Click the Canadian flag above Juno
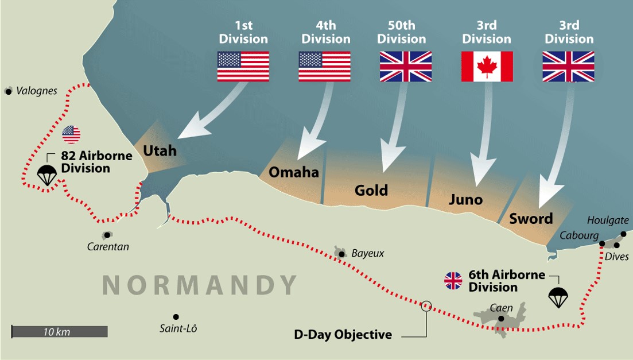pyautogui.click(x=487, y=67)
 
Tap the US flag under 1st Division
pyautogui.click(x=243, y=67)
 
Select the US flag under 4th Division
pyautogui.click(x=324, y=67)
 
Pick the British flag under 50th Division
pyautogui.click(x=405, y=67)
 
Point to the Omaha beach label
pyautogui.click(x=293, y=172)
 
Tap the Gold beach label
pyautogui.click(x=371, y=190)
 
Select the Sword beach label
pyautogui.click(x=531, y=219)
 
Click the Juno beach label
pyautogui.click(x=465, y=200)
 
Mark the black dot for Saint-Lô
pyautogui.click(x=176, y=317)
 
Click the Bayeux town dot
pyautogui.click(x=342, y=254)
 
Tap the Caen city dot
pyautogui.click(x=501, y=319)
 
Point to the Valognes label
pyautogui.click(x=37, y=91)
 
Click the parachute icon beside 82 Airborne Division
pyautogui.click(x=46, y=175)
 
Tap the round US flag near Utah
pyautogui.click(x=71, y=135)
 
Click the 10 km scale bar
pyautogui.click(x=60, y=332)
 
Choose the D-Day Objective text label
pyautogui.click(x=343, y=334)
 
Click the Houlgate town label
pyautogui.click(x=608, y=220)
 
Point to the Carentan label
pyautogui.click(x=108, y=247)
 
